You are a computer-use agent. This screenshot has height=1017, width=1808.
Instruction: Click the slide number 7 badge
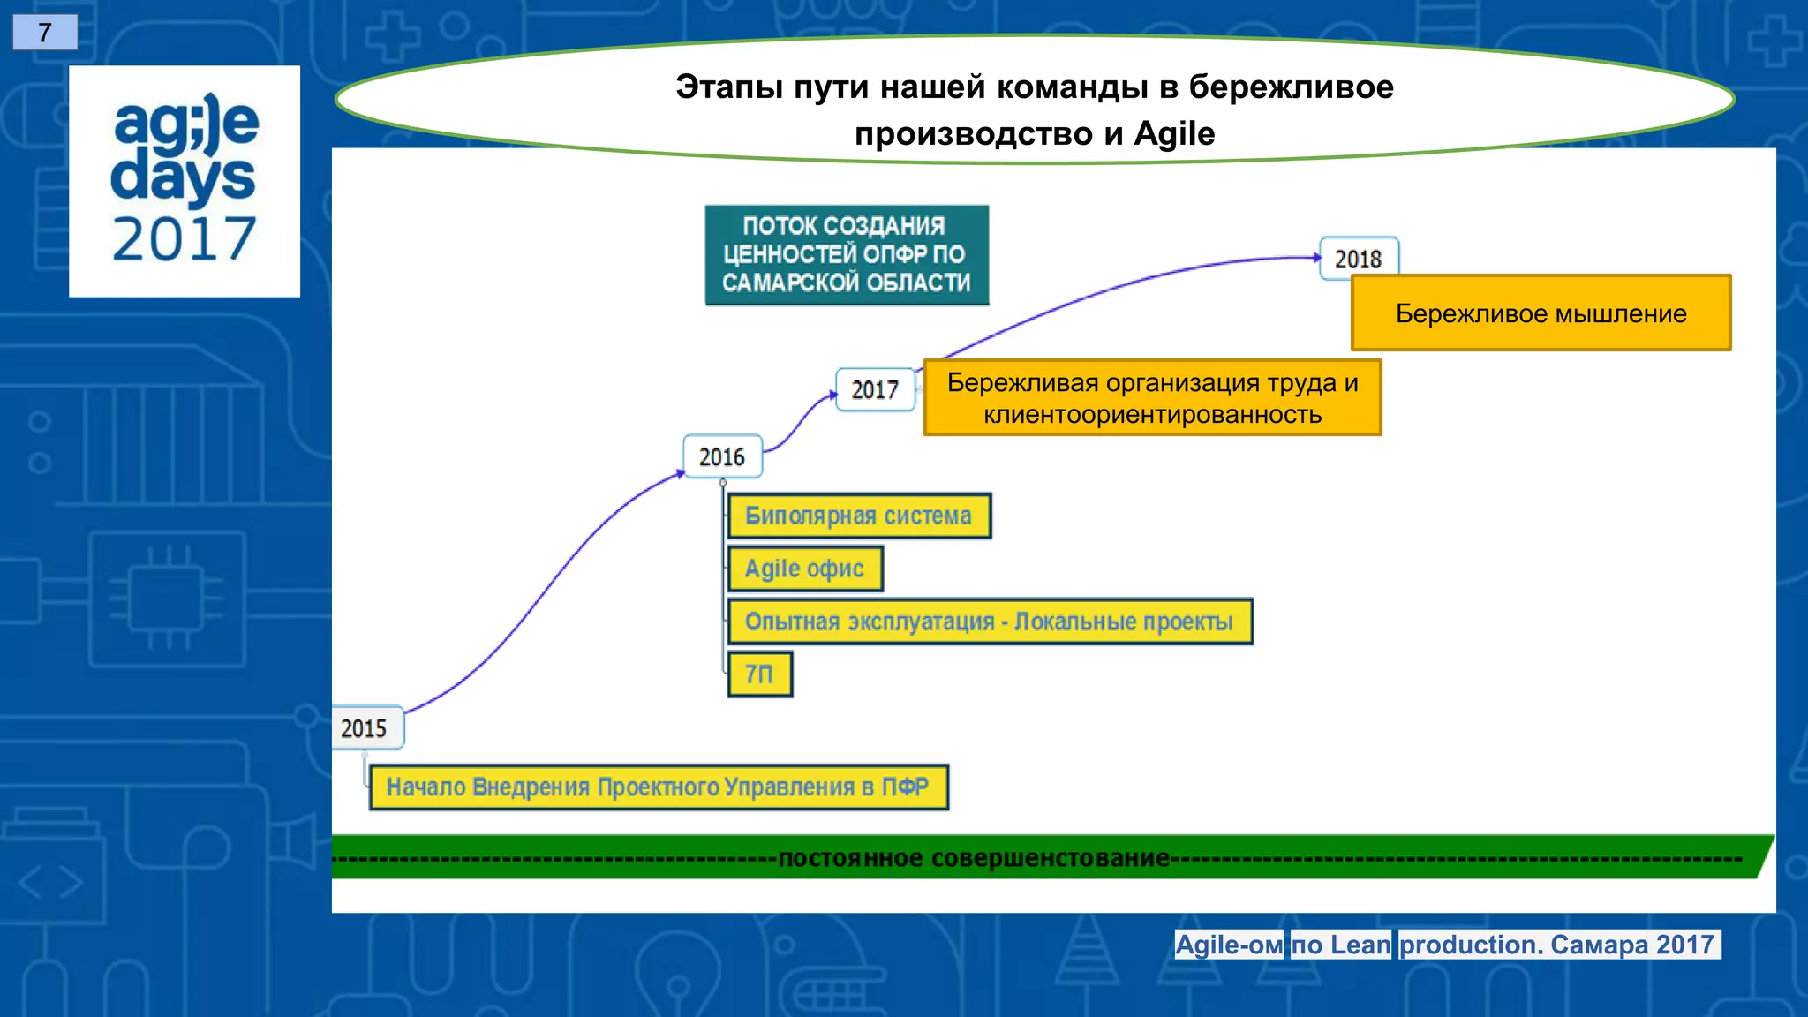[45, 33]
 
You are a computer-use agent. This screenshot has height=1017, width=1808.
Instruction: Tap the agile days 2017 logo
[185, 181]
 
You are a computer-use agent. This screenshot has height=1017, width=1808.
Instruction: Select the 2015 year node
[365, 728]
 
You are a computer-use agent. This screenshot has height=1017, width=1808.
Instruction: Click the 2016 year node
[722, 456]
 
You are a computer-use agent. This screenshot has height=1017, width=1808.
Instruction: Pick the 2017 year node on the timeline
[874, 389]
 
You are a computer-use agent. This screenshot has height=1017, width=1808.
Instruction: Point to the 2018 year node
[1358, 259]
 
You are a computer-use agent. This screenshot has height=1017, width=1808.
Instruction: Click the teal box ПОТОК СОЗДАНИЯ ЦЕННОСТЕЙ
[846, 254]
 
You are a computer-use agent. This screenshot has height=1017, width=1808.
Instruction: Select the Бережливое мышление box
[1541, 313]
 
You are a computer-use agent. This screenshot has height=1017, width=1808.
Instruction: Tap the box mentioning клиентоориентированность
[1152, 398]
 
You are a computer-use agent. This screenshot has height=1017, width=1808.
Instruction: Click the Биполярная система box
[858, 516]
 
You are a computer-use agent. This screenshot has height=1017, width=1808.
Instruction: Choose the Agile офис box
[804, 569]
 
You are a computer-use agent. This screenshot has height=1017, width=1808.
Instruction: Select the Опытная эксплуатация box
[989, 621]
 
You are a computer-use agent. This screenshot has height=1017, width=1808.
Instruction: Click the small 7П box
[759, 674]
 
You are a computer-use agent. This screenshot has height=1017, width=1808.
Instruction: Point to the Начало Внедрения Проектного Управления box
[658, 787]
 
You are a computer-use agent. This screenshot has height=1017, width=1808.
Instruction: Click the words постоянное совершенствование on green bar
[974, 858]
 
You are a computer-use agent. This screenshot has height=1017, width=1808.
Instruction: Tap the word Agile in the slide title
[1174, 134]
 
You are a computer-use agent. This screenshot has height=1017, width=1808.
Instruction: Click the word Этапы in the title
[729, 87]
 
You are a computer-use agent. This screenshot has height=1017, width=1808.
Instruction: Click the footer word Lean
[1360, 945]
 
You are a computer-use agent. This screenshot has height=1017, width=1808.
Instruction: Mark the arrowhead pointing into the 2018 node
[1316, 258]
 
